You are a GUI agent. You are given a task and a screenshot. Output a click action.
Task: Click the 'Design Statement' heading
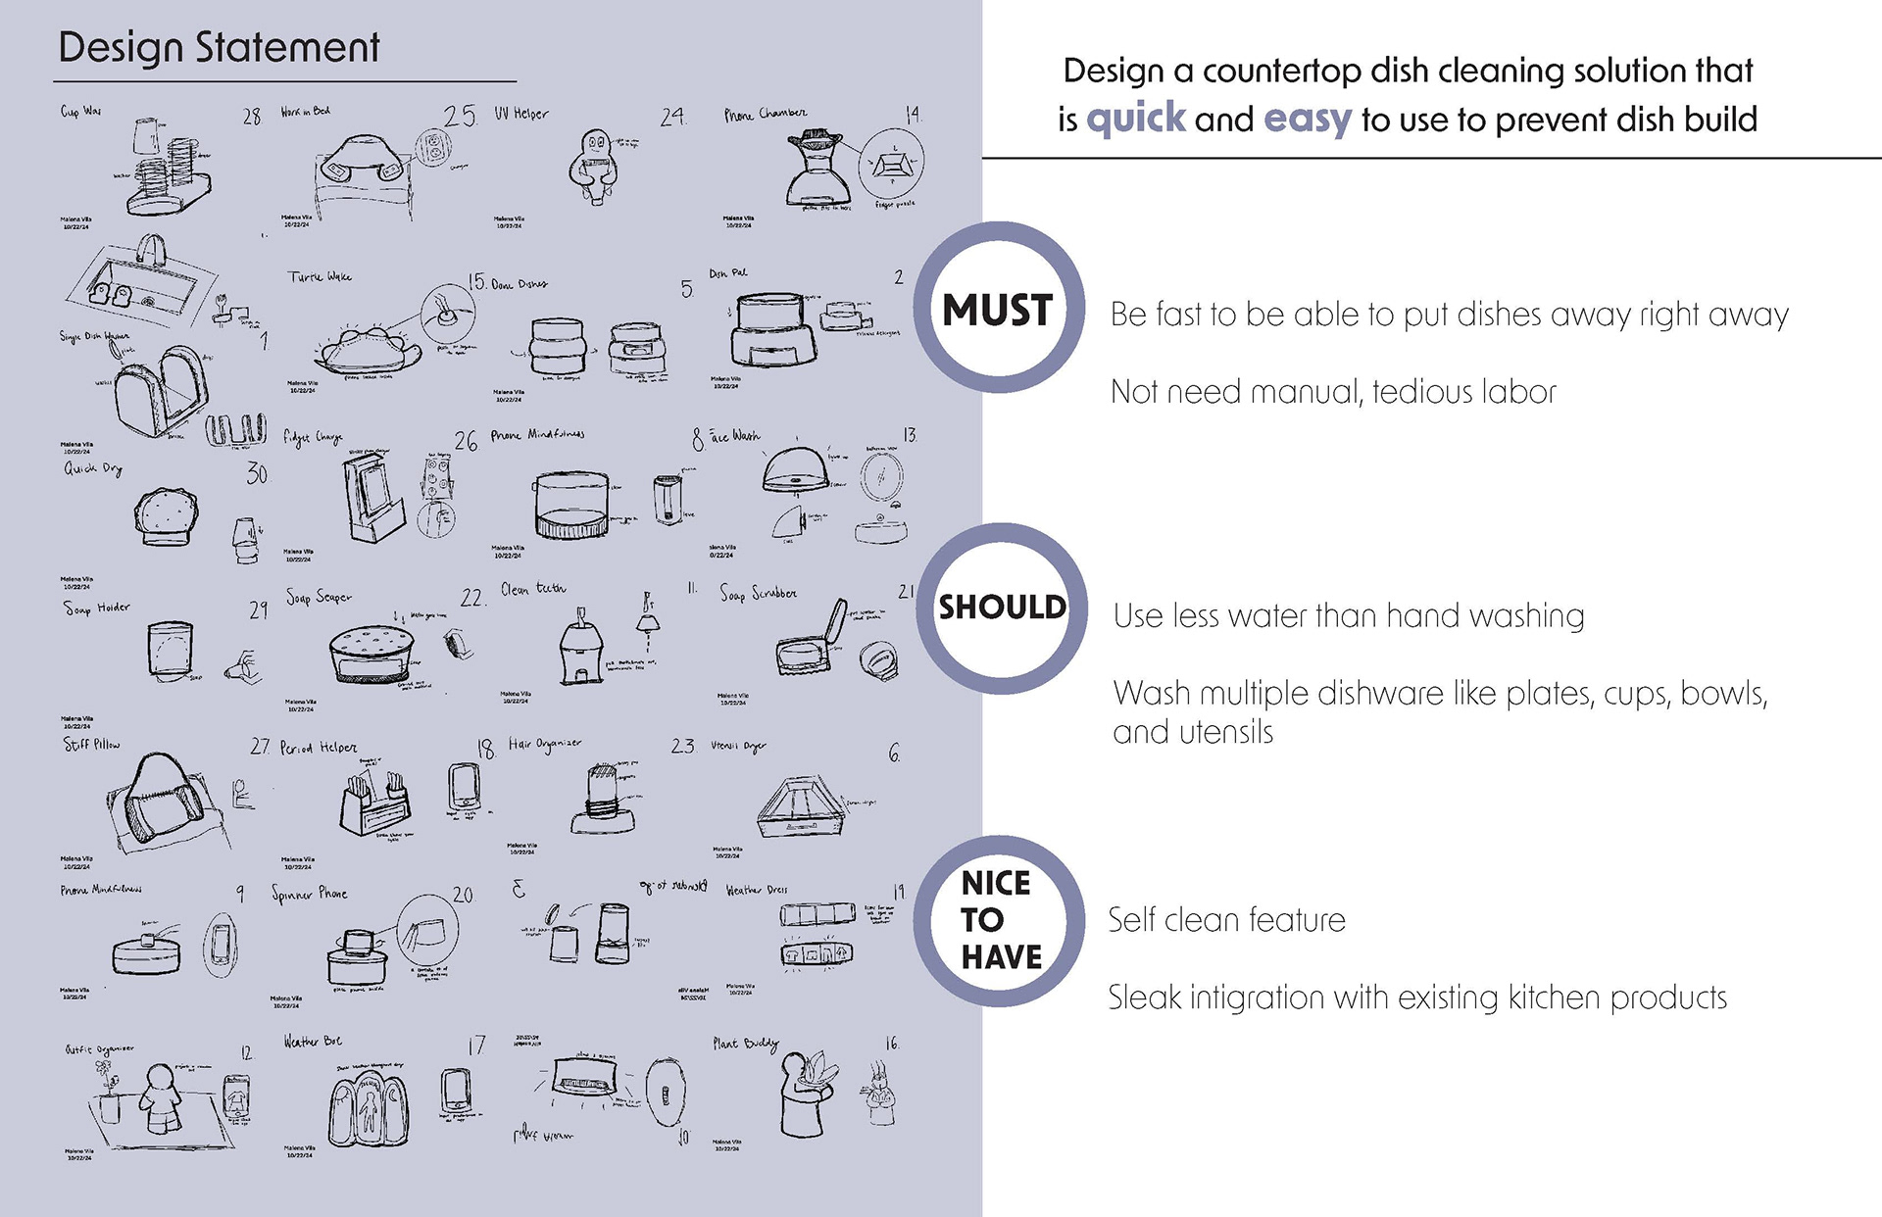pyautogui.click(x=219, y=47)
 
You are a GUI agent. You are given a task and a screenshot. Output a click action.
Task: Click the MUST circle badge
pyautogui.click(x=999, y=309)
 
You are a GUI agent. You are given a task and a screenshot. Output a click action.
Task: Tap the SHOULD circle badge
pyautogui.click(x=1001, y=608)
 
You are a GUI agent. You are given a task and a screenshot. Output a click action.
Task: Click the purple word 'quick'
pyautogui.click(x=1135, y=119)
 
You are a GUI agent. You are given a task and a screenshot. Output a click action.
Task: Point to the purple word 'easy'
pyautogui.click(x=1307, y=120)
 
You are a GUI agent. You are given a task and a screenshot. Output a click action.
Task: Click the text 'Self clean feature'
pyautogui.click(x=1226, y=920)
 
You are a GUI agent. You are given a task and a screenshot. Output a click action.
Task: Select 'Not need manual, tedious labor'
pyautogui.click(x=1333, y=392)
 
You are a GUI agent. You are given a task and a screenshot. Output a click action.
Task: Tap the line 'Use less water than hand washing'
pyautogui.click(x=1349, y=615)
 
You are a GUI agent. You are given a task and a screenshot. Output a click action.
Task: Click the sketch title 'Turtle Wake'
pyautogui.click(x=320, y=277)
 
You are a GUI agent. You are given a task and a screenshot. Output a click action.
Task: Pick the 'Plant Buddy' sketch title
pyautogui.click(x=746, y=1045)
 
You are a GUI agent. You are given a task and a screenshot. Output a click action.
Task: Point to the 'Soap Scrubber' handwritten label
pyautogui.click(x=758, y=594)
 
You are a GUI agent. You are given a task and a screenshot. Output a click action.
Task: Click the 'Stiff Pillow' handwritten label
pyautogui.click(x=92, y=745)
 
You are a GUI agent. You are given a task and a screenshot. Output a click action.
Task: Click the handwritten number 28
pyautogui.click(x=252, y=117)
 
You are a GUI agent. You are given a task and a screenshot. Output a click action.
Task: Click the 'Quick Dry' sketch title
pyautogui.click(x=93, y=468)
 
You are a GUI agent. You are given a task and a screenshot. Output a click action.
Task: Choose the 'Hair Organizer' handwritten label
pyautogui.click(x=544, y=745)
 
